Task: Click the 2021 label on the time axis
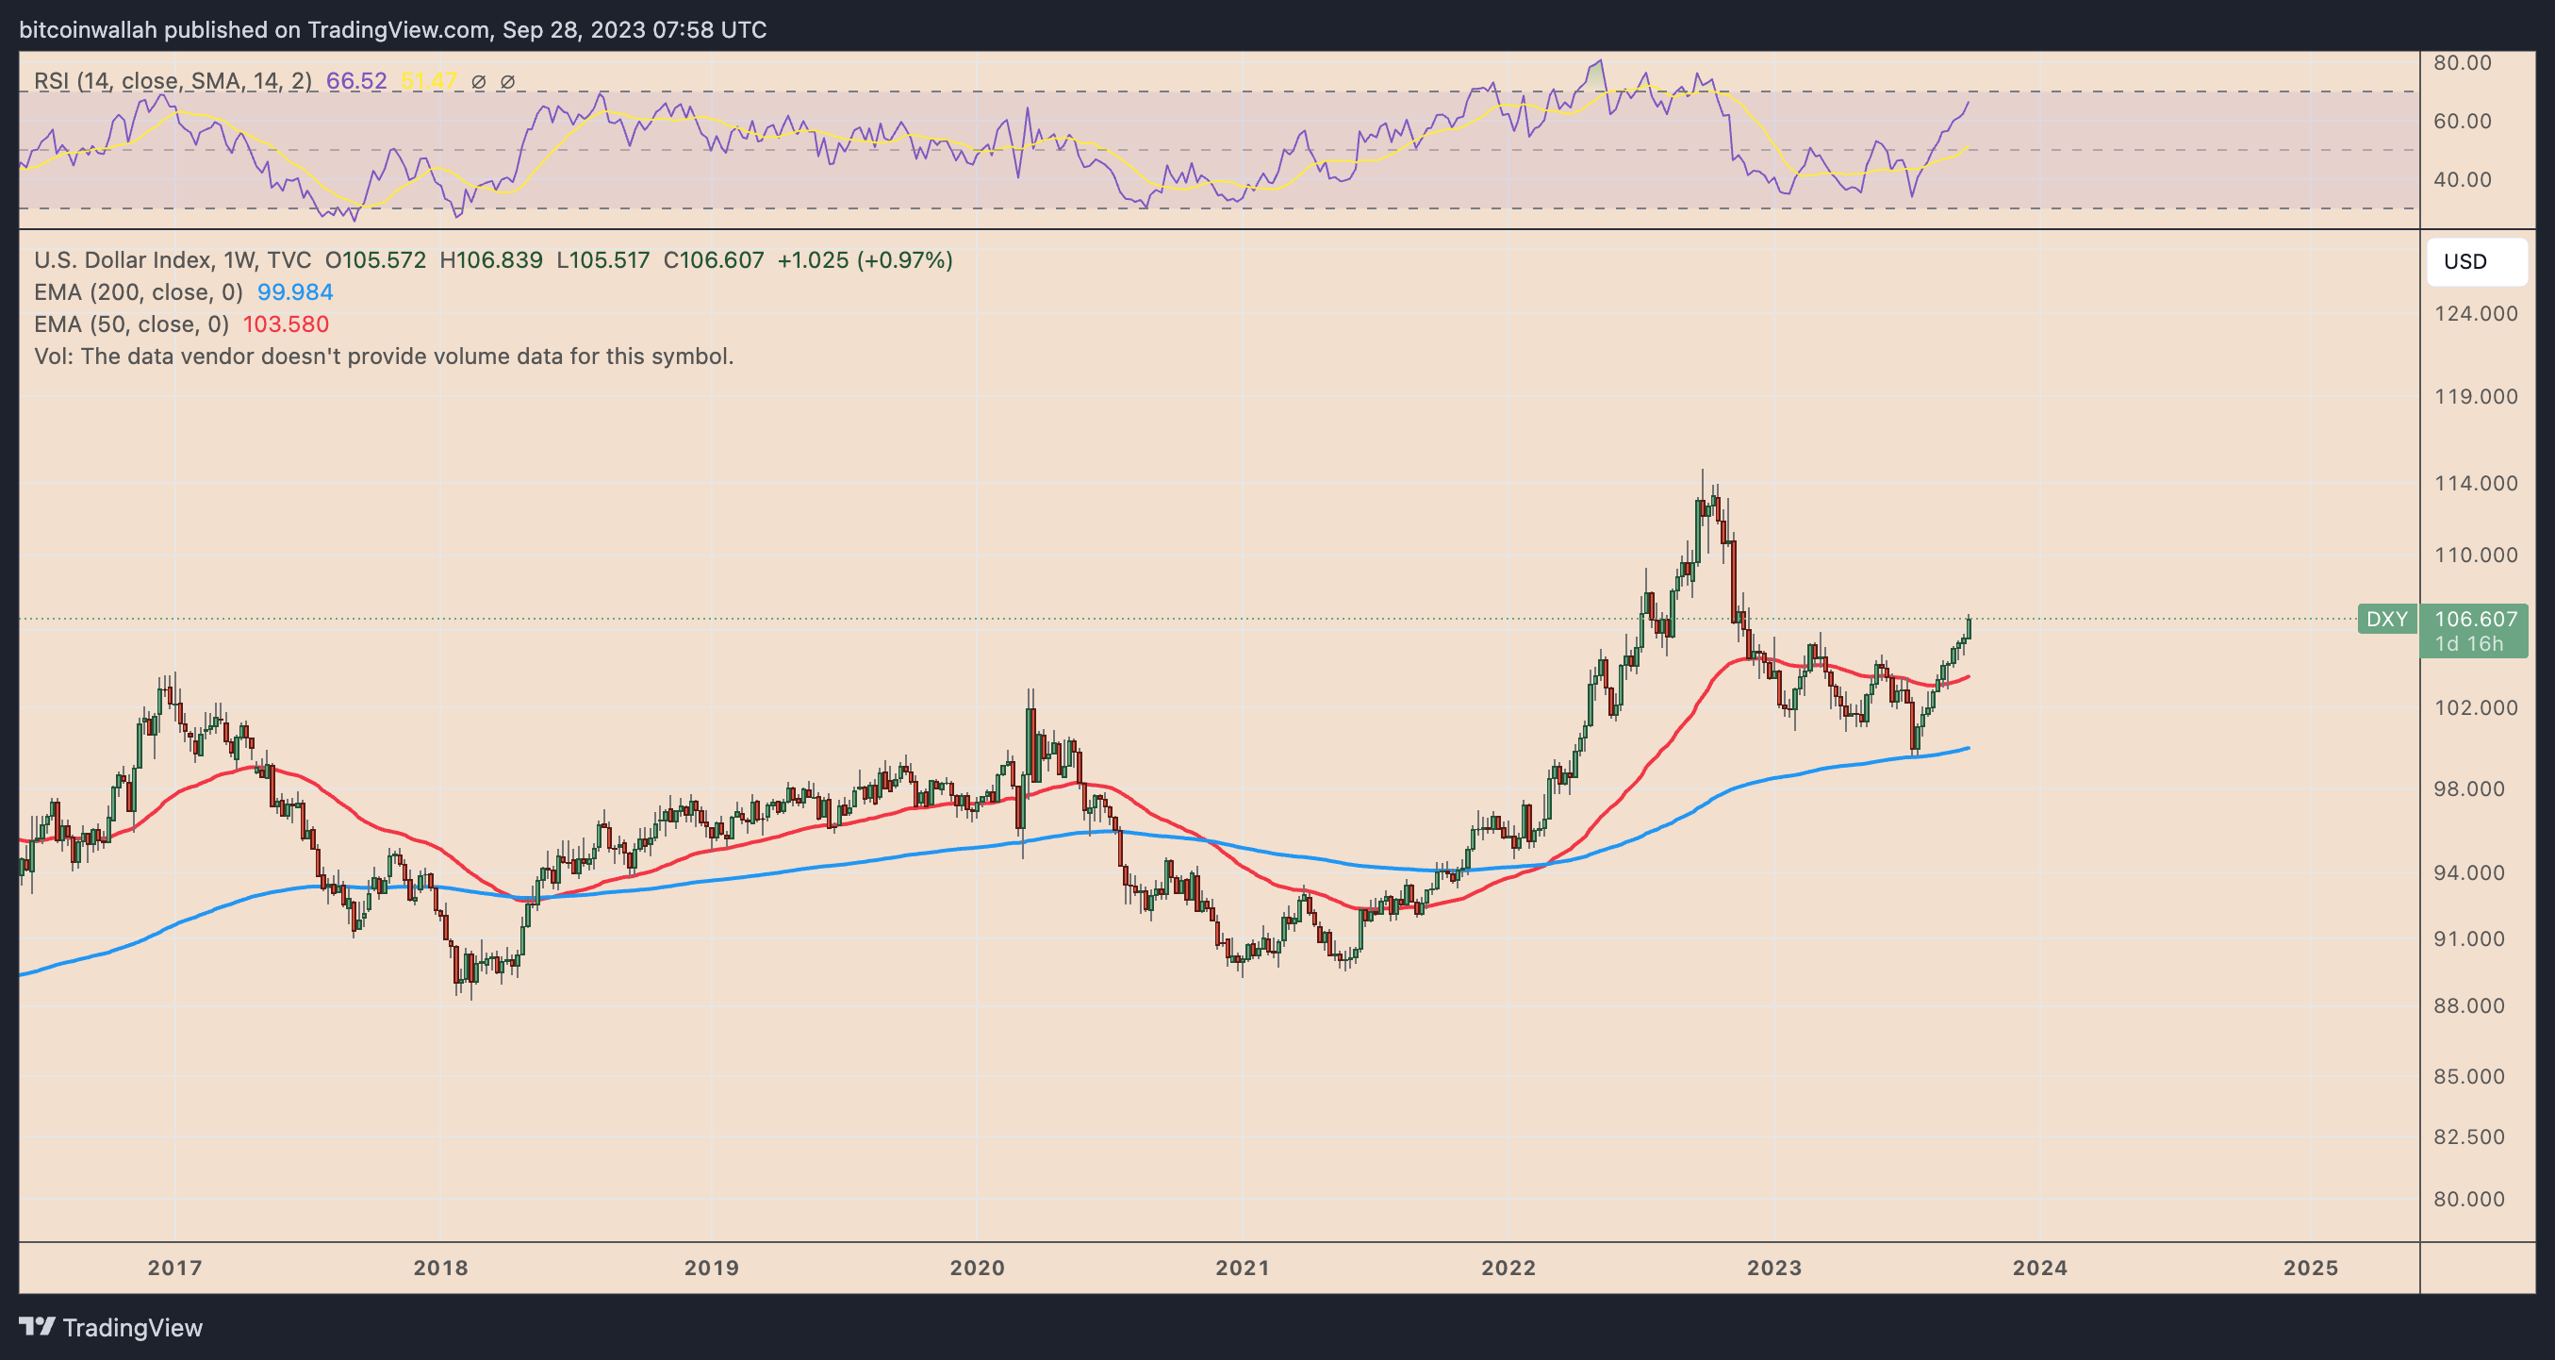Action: tap(1242, 1268)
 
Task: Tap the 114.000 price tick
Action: tap(2476, 483)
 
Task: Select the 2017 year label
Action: tap(174, 1268)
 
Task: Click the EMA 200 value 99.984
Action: tap(294, 292)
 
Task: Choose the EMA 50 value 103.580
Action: tap(286, 324)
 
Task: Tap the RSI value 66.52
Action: tap(356, 81)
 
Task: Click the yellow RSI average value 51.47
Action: tap(428, 81)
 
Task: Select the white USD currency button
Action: tap(2476, 262)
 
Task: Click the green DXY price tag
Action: tap(2386, 619)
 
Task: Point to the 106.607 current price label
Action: tap(2476, 619)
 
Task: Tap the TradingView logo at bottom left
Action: tap(110, 1327)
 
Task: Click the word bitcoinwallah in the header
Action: tap(89, 30)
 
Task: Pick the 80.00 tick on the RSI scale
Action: tap(2463, 62)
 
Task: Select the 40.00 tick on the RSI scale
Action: tap(2463, 179)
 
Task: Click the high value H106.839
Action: tap(491, 260)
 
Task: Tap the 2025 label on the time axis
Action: tap(2310, 1268)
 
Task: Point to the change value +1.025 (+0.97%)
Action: tap(865, 260)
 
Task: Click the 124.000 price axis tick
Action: tap(2476, 313)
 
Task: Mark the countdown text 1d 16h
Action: tap(2468, 644)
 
